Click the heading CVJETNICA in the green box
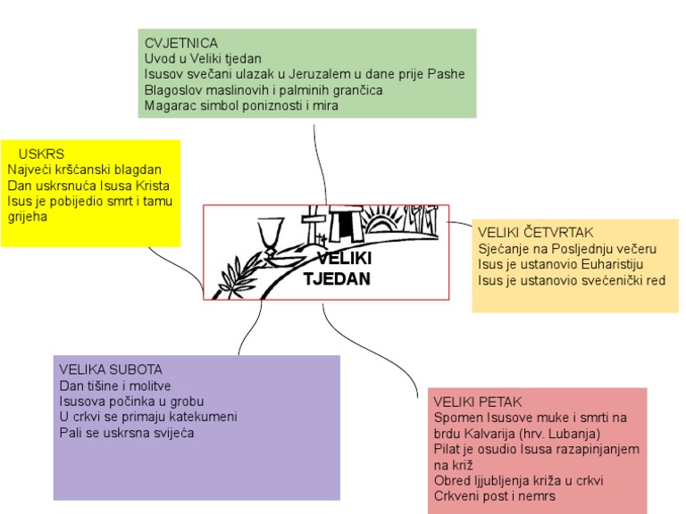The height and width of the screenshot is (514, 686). [x=181, y=43]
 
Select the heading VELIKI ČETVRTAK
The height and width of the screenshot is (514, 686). [x=535, y=233]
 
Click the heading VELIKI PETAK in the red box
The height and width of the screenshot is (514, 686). [x=477, y=402]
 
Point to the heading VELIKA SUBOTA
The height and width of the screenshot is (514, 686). [x=111, y=369]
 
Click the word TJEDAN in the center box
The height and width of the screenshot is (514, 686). [x=337, y=278]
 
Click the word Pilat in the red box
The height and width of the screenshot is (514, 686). [x=446, y=449]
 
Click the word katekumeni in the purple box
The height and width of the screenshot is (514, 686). [x=206, y=417]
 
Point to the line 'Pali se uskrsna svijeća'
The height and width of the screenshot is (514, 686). [x=126, y=433]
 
